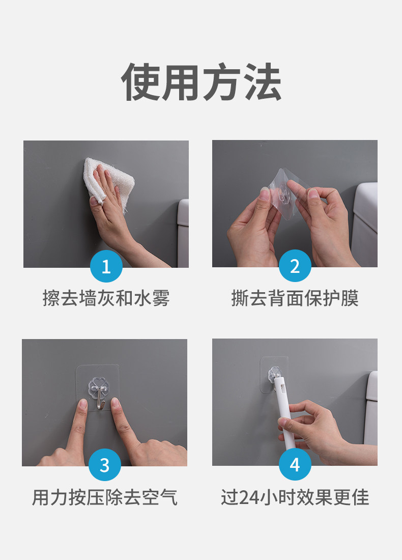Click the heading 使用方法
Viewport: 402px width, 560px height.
point(202,82)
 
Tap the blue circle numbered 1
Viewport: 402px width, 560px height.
point(106,266)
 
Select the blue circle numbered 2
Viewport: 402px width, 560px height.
point(295,266)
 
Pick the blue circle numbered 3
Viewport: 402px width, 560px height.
point(105,465)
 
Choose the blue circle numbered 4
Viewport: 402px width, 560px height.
point(295,465)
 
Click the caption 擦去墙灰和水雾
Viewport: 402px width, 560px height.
point(106,298)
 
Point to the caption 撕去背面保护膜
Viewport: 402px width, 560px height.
point(295,298)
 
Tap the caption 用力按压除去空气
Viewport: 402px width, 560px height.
point(105,497)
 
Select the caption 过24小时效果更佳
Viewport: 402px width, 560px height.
point(295,497)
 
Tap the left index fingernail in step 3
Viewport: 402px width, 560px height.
point(82,405)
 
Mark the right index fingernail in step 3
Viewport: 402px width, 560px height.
point(115,404)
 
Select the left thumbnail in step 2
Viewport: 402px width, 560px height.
point(265,194)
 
